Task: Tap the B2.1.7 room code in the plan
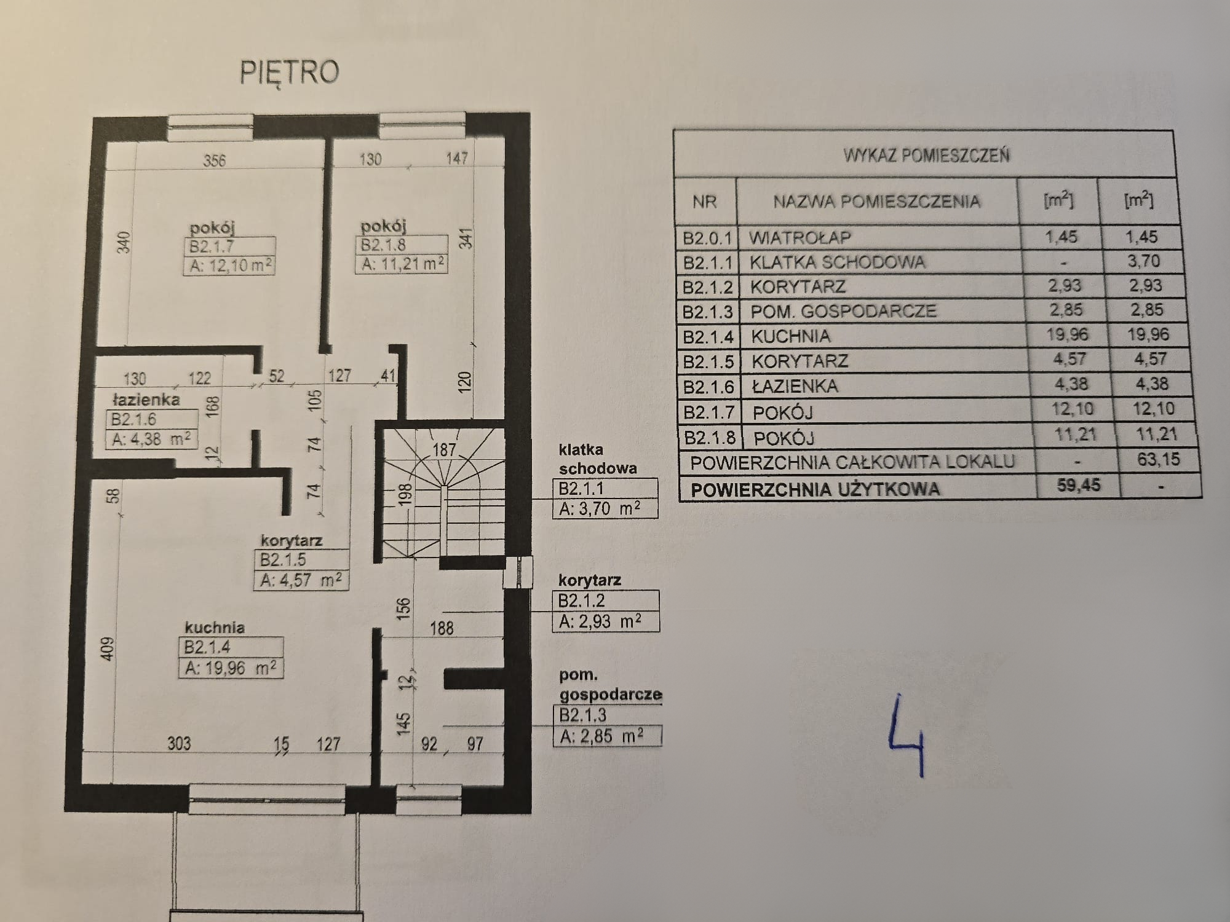click(x=212, y=247)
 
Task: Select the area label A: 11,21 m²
click(x=403, y=264)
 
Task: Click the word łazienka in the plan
click(x=146, y=400)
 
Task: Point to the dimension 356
click(x=215, y=160)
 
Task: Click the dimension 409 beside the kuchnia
click(x=108, y=648)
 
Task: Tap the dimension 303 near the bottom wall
click(x=179, y=744)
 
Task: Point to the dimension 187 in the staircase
click(x=444, y=450)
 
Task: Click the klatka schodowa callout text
click(x=597, y=459)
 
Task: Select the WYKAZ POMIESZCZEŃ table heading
click(x=926, y=155)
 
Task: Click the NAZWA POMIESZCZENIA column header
click(x=876, y=202)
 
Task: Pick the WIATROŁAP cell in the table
click(x=799, y=238)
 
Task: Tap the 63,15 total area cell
click(x=1159, y=459)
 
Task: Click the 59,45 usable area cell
click(x=1079, y=485)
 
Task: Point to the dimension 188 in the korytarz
click(x=442, y=628)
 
